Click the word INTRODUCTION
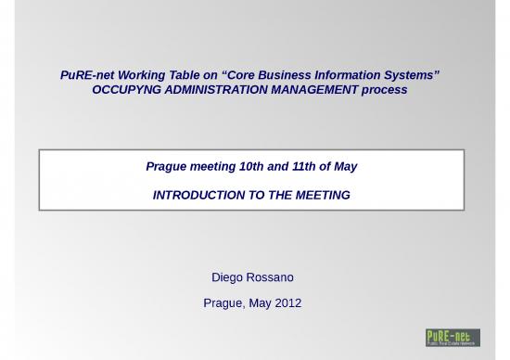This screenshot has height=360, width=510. pyautogui.click(x=198, y=196)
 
